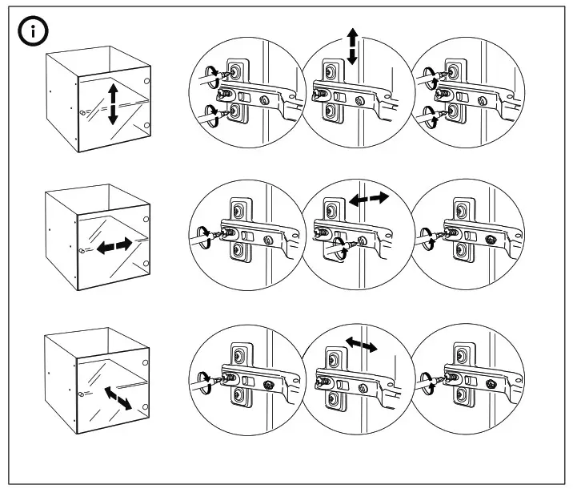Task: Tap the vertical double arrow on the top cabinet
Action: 113,103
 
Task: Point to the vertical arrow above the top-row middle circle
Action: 351,46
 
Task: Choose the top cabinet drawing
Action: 97,100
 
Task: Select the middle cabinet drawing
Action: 97,238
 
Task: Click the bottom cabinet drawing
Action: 97,377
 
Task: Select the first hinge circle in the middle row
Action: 244,237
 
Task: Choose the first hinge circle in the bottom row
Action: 244,377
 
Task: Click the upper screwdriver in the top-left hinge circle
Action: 210,77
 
